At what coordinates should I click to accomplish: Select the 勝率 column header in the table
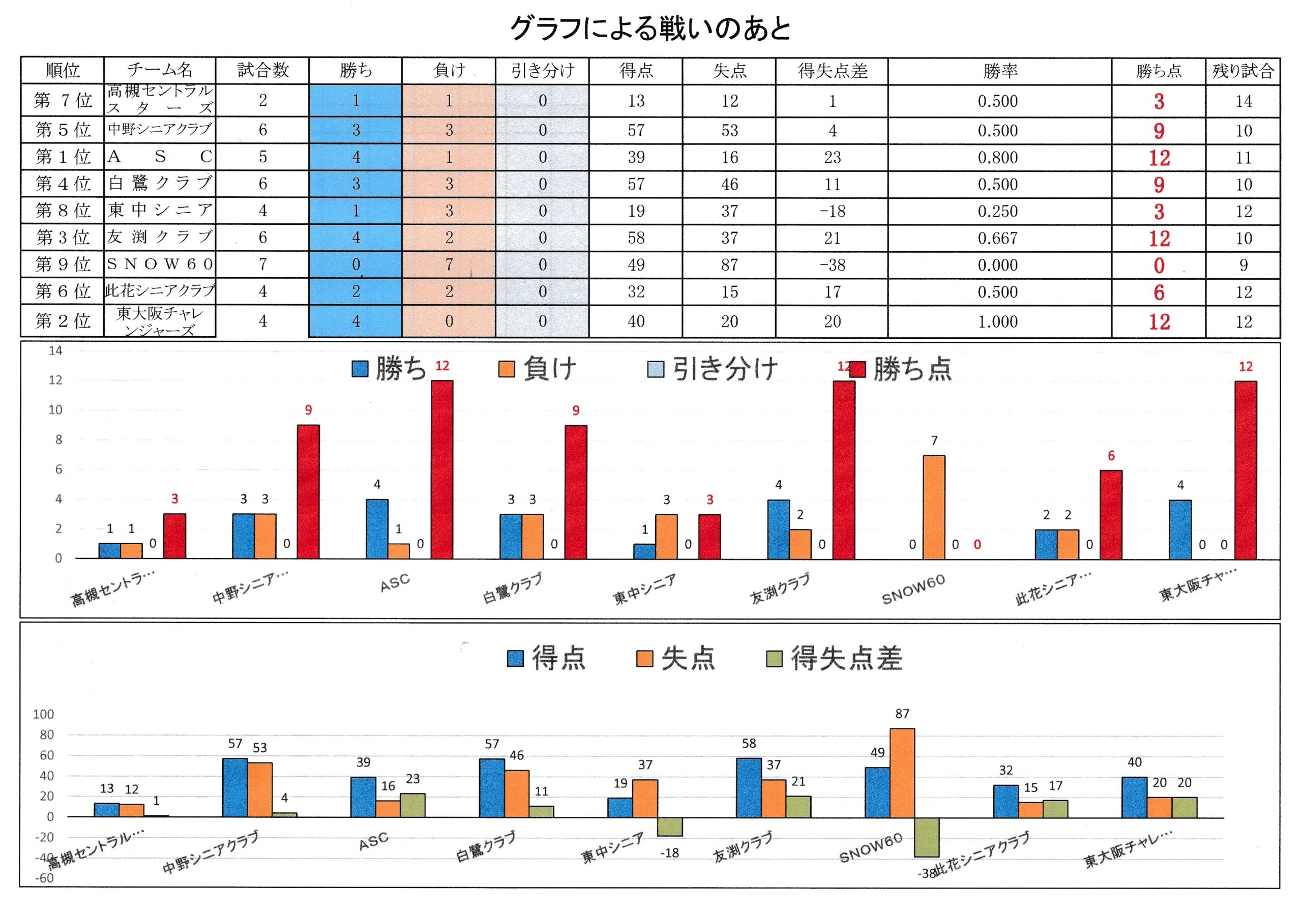(999, 71)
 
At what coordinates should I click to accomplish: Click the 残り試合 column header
(1243, 71)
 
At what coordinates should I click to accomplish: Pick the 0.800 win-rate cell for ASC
(997, 158)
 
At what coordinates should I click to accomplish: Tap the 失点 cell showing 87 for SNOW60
(729, 265)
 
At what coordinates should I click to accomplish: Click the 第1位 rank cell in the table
(63, 157)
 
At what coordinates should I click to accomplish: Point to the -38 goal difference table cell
(832, 265)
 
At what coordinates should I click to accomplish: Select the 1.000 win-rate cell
(997, 321)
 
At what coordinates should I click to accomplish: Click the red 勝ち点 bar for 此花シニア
(1110, 515)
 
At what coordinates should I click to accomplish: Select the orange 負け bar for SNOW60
(934, 507)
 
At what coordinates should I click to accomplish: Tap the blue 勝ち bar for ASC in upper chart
(377, 529)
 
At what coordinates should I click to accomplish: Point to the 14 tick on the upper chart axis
(55, 351)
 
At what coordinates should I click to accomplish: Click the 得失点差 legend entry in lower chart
(834, 659)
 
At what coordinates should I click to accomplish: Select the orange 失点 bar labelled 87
(902, 773)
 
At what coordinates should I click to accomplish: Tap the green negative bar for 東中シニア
(670, 827)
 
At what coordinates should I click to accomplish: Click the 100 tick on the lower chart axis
(44, 715)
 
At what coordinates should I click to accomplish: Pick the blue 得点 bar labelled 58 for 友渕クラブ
(749, 788)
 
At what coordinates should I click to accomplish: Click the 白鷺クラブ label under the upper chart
(512, 588)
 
